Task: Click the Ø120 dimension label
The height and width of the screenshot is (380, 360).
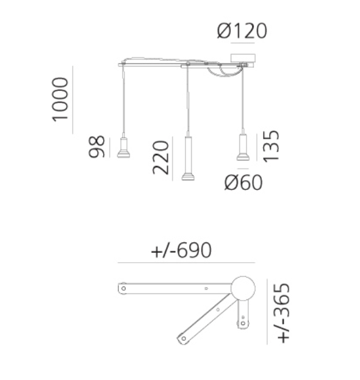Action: coord(242,31)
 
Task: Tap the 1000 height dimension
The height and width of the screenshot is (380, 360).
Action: coord(60,100)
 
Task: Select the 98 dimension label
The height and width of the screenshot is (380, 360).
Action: coord(96,147)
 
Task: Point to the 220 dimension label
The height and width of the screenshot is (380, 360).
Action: coord(160,158)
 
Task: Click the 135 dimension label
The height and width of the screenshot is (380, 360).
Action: coord(271,147)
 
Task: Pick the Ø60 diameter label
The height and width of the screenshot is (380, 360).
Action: coord(243,182)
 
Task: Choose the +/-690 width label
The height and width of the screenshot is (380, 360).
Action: coord(181,250)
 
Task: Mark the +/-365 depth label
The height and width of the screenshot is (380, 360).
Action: coord(283,313)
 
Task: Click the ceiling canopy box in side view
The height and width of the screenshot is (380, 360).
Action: coord(243,58)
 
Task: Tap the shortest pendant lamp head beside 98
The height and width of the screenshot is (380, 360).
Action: coord(123,148)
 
